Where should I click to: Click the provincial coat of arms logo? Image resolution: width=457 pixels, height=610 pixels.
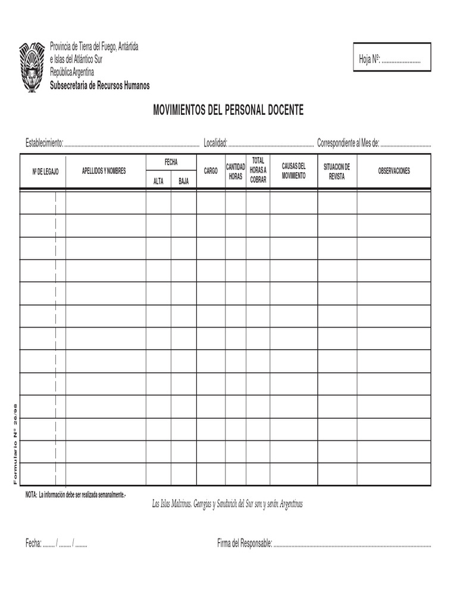[x=32, y=67]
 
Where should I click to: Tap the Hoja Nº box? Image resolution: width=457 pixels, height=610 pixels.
[x=392, y=58]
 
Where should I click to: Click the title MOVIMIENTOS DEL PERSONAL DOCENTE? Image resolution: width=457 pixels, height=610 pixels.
[x=228, y=110]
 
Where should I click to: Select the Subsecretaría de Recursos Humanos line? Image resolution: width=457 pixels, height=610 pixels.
[x=99, y=86]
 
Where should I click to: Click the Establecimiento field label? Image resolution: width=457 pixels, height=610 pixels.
[x=43, y=143]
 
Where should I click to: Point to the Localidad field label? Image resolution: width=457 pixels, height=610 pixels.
[x=215, y=143]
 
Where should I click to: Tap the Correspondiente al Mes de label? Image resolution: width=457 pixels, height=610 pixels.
[x=348, y=143]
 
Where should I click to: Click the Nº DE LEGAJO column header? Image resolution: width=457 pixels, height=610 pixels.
[x=45, y=171]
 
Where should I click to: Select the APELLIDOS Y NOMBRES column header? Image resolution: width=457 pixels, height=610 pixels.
[x=104, y=171]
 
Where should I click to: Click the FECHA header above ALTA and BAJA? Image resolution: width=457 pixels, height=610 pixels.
[x=171, y=162]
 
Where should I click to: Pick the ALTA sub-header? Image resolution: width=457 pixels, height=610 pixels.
[x=158, y=181]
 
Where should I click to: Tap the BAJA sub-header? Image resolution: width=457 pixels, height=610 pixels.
[x=183, y=181]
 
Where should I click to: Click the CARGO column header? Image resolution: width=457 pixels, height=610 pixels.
[x=211, y=171]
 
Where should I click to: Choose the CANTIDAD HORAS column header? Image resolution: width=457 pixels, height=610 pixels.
[x=236, y=171]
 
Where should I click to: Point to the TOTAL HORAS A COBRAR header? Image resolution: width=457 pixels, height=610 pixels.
[x=258, y=170]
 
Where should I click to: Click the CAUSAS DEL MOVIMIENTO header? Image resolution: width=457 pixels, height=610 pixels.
[x=293, y=171]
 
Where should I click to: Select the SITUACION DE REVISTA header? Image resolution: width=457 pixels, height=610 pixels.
[x=337, y=171]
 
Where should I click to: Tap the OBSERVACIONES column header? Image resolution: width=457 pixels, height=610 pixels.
[x=394, y=171]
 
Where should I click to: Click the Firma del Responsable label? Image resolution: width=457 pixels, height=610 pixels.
[x=245, y=543]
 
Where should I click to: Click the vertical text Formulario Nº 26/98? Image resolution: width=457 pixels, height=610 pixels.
[x=16, y=443]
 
